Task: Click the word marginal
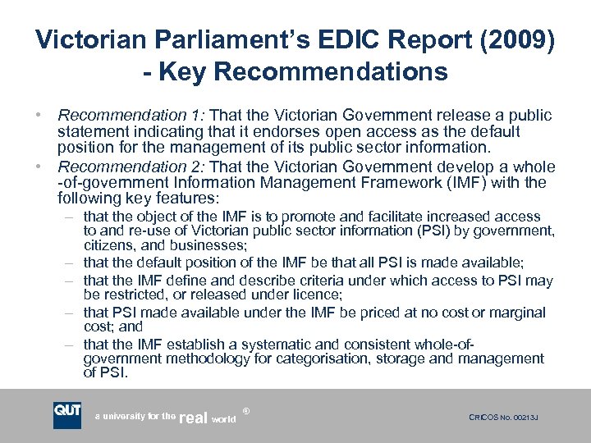pos(516,313)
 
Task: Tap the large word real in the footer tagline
pos(194,418)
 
